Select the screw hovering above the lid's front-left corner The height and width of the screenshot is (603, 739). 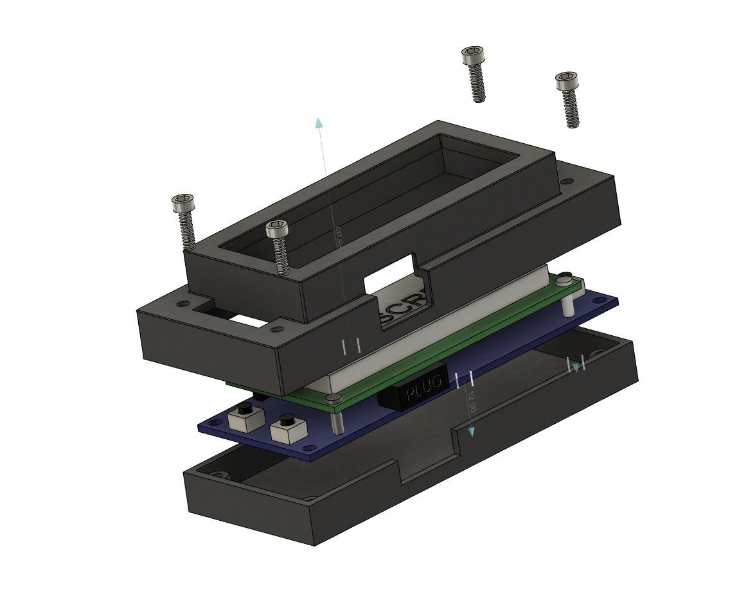coord(278,245)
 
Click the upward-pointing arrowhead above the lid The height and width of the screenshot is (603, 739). coord(318,123)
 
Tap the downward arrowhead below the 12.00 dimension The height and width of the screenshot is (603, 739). coord(471,432)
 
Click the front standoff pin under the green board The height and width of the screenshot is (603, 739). coord(337,421)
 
